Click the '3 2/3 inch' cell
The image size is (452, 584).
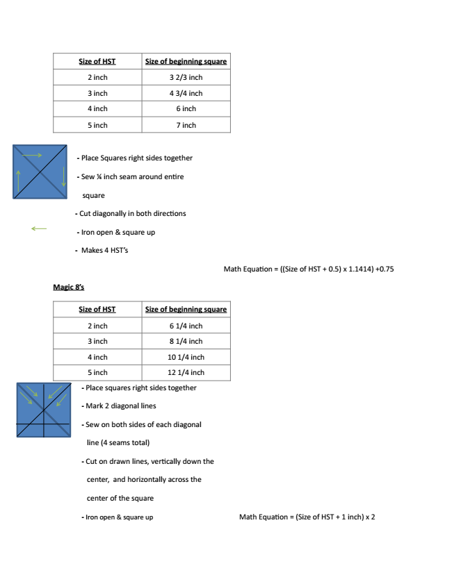tap(186, 77)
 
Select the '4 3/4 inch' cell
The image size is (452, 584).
tap(186, 93)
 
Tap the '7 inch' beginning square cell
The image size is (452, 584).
tap(186, 125)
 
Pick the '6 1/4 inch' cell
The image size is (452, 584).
tap(186, 326)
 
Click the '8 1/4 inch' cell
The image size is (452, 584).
tap(186, 341)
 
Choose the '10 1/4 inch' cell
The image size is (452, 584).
tap(186, 357)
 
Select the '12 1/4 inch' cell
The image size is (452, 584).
tap(186, 372)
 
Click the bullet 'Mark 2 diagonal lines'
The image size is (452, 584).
tap(120, 406)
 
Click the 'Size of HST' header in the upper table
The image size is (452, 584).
tap(97, 62)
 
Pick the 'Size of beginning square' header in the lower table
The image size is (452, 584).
tap(186, 309)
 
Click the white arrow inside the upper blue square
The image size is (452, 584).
tap(32, 155)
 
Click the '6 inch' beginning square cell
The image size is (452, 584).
tap(186, 109)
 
